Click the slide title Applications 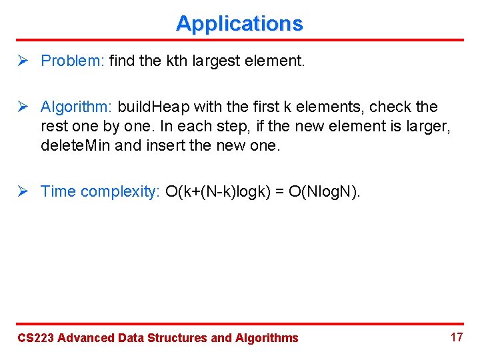point(239,23)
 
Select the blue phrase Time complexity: point(101,192)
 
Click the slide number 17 point(457,337)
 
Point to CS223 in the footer point(35,338)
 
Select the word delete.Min point(75,144)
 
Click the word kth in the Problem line point(176,61)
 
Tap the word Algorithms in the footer point(267,338)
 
